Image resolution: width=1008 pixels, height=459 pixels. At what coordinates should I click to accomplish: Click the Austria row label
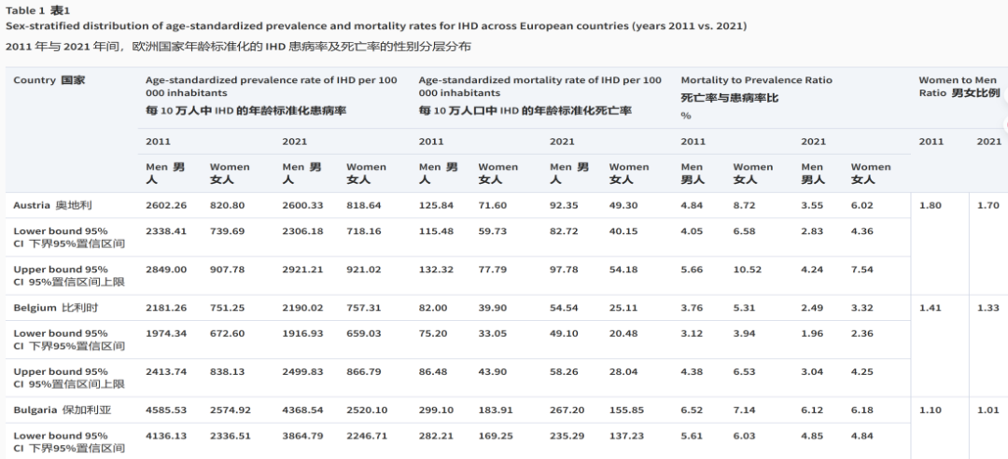[52, 205]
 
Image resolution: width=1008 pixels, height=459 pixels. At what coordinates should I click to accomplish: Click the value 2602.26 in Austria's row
[166, 205]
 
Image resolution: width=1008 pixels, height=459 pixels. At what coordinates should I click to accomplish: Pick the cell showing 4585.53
[166, 410]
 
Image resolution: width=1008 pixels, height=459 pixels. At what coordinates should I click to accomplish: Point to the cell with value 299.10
[436, 410]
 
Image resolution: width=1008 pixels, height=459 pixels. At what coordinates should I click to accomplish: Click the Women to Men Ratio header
[959, 86]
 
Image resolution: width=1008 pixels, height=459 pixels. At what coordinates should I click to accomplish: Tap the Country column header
[49, 80]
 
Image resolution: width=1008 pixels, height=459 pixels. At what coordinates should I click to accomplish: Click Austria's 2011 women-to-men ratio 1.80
[931, 205]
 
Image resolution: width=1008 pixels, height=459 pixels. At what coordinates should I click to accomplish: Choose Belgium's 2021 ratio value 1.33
[988, 307]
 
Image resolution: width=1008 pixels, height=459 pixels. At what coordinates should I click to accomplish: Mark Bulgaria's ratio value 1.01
[988, 410]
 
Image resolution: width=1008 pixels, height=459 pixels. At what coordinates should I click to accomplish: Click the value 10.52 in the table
[747, 270]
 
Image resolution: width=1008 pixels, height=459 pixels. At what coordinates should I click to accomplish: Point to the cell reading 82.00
[433, 307]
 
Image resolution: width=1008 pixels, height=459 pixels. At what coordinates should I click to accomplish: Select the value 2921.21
[302, 270]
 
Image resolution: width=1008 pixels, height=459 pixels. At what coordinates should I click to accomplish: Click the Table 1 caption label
[37, 10]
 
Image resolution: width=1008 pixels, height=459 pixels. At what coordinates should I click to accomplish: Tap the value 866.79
[363, 371]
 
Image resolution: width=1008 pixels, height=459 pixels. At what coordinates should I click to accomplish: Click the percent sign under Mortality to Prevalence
[686, 116]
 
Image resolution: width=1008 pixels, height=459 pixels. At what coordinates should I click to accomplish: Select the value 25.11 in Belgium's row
[623, 307]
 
